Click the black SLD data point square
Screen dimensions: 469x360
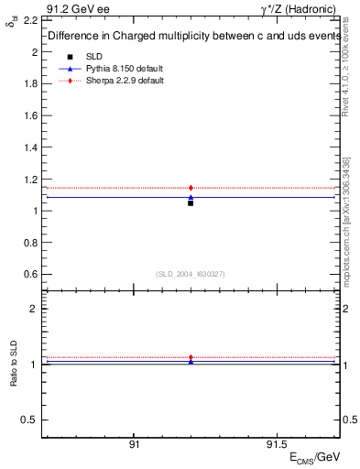(x=191, y=202)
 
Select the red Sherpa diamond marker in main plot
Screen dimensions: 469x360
(x=191, y=188)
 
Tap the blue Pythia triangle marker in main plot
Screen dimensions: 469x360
(x=191, y=197)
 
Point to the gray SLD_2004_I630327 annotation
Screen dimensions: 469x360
(x=190, y=274)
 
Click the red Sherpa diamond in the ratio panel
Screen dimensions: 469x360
(x=191, y=357)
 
